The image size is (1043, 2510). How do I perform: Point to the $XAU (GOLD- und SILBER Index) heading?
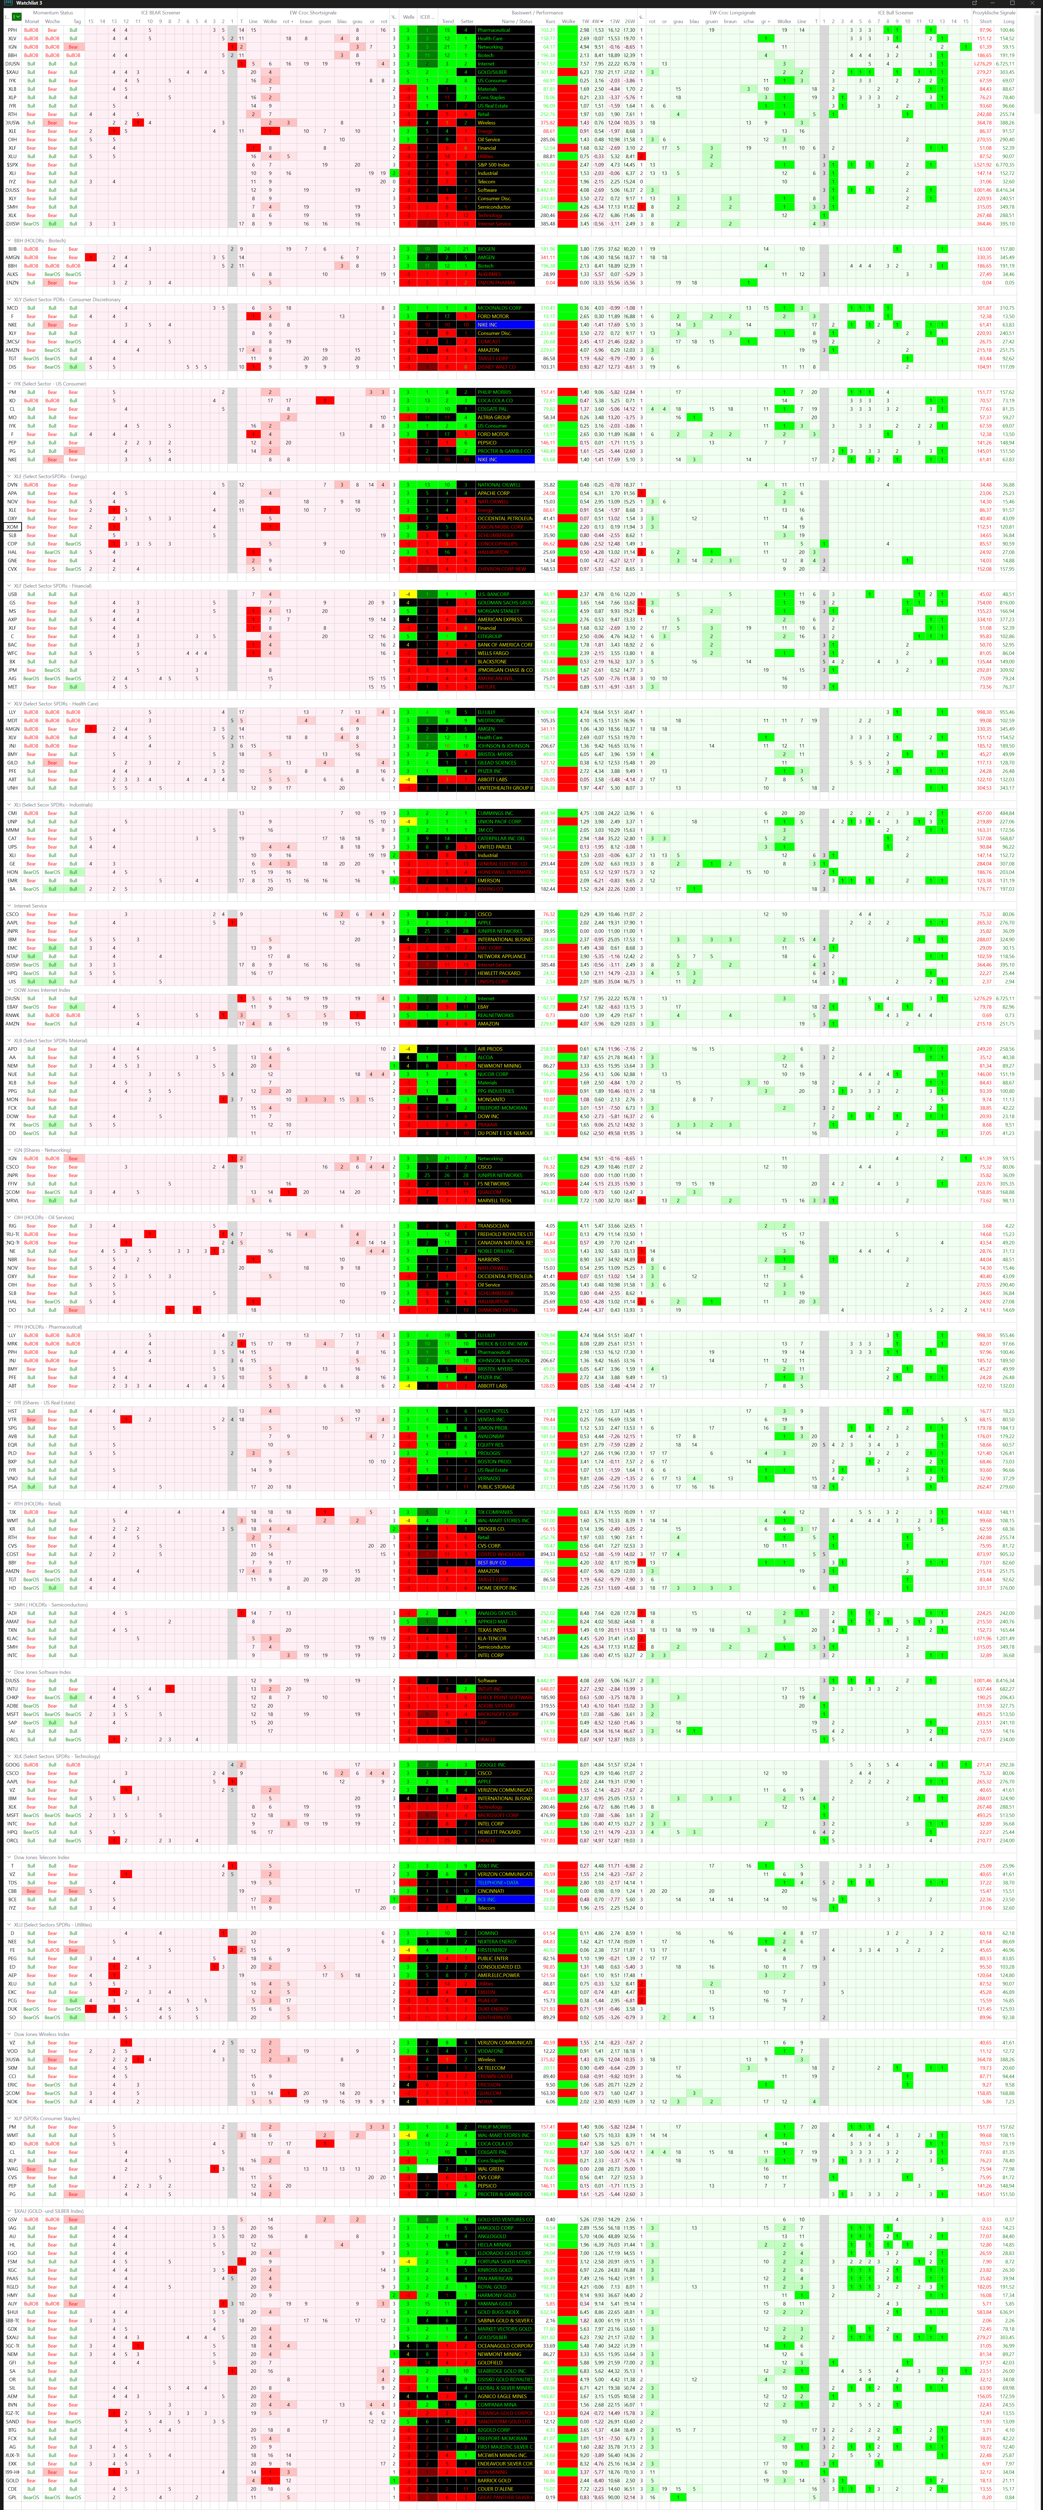pyautogui.click(x=49, y=2211)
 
